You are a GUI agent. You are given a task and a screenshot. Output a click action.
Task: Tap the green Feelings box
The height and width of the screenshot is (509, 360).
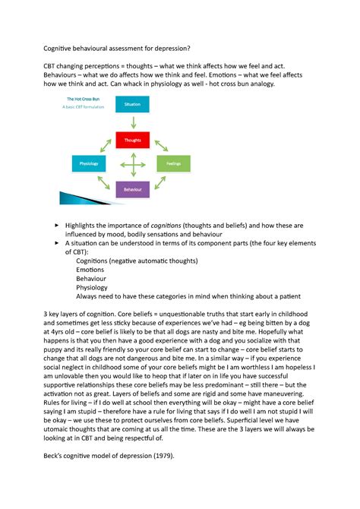[x=172, y=163]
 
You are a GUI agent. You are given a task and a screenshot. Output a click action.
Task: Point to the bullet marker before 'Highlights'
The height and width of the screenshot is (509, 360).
[x=56, y=226]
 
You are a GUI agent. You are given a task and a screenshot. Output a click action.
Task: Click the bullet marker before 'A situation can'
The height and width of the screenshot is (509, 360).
[x=56, y=242]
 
